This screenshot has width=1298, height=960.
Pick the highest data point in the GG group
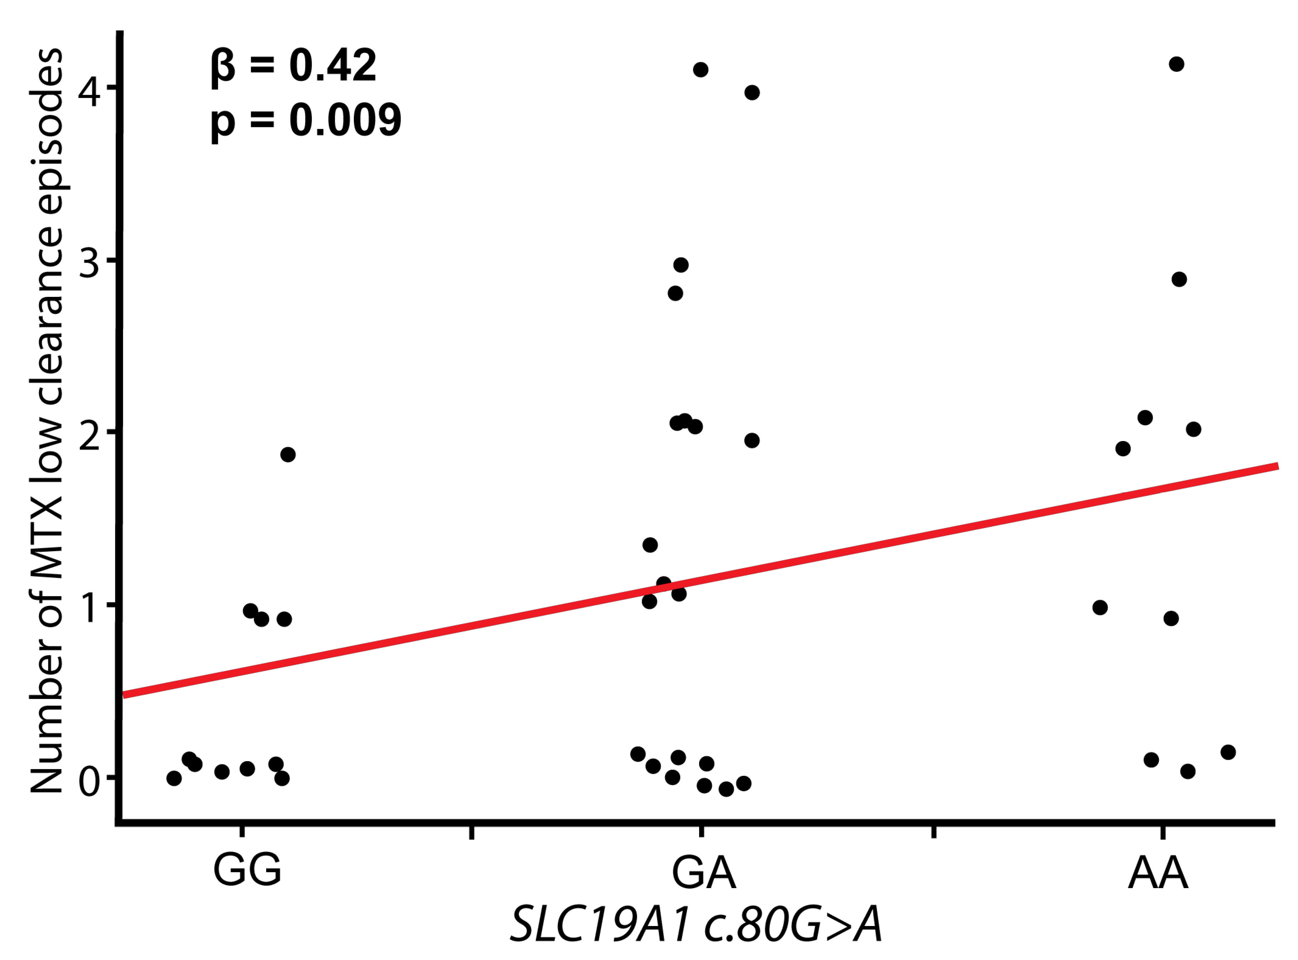pos(288,455)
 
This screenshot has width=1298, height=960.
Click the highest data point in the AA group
pos(1176,64)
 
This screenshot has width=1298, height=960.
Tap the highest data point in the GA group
pos(701,70)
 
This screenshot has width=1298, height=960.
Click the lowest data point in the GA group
pos(726,789)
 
